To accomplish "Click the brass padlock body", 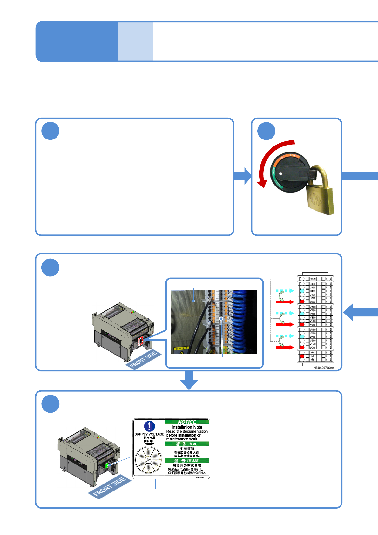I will click(320, 200).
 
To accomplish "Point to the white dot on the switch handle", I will click(281, 173).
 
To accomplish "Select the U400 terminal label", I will click(313, 291).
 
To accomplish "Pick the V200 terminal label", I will click(313, 325).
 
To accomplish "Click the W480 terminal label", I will click(313, 330).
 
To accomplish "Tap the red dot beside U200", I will click(302, 302).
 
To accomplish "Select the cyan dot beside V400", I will click(302, 314).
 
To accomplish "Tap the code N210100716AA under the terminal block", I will click(324, 368).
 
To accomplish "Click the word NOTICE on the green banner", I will click(187, 422).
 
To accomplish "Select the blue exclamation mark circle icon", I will click(149, 426).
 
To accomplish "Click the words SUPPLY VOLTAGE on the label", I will click(149, 434).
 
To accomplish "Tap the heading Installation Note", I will click(187, 427).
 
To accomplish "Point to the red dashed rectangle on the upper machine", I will click(141, 341).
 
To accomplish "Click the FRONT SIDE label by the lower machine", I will click(110, 487).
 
